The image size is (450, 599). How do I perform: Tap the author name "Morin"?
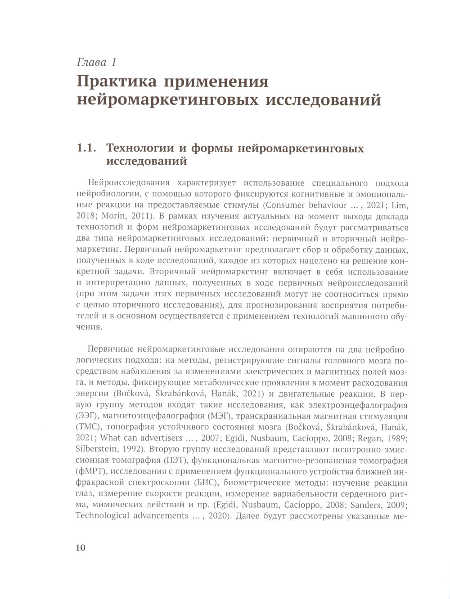click(x=115, y=217)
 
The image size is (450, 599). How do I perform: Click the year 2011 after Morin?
click(x=141, y=217)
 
